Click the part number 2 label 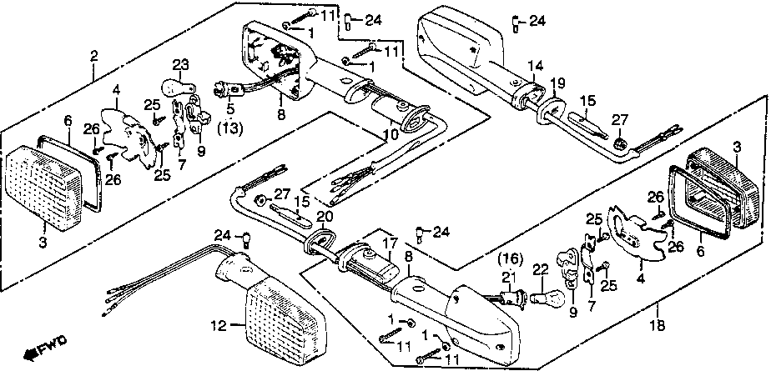click(93, 56)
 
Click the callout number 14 click(534, 64)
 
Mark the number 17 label click(387, 244)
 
